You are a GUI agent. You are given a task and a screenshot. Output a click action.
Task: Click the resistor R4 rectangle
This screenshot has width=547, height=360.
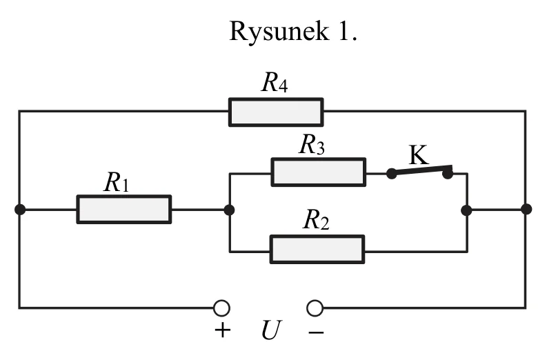(276, 112)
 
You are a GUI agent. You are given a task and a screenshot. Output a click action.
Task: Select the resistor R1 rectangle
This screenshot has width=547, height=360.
(124, 209)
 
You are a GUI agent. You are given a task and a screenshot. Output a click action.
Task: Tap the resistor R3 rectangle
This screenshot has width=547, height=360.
(319, 172)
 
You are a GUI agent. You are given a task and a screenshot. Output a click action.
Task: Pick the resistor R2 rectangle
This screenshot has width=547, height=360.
(317, 250)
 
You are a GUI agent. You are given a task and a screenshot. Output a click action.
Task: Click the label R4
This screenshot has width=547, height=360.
(275, 82)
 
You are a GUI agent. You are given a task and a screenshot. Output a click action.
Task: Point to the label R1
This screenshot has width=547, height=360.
(117, 182)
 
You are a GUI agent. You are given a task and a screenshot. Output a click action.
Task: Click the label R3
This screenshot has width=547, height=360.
(312, 144)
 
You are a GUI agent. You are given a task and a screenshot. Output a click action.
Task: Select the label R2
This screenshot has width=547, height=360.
(316, 220)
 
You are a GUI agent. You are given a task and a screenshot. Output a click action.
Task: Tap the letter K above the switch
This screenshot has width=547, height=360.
(418, 155)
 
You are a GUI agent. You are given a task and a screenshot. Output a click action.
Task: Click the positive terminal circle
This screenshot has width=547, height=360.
(221, 308)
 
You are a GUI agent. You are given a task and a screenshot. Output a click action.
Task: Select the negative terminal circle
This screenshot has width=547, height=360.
(315, 308)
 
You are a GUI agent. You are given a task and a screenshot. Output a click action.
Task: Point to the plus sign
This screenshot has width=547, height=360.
(223, 330)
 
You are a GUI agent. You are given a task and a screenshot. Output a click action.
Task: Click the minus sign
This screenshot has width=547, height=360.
(316, 332)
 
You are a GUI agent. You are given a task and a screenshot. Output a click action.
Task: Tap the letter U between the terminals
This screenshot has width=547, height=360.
(271, 330)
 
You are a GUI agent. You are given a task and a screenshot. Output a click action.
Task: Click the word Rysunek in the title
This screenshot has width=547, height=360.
(279, 32)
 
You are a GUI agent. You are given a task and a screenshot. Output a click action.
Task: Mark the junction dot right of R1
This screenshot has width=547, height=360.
(229, 210)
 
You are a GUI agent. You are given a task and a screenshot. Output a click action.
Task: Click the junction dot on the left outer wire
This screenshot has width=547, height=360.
(20, 210)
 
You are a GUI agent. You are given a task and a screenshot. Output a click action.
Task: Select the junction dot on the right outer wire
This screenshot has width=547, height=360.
(526, 209)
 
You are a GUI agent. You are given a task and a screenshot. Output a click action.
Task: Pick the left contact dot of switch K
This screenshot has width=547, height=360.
(391, 173)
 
